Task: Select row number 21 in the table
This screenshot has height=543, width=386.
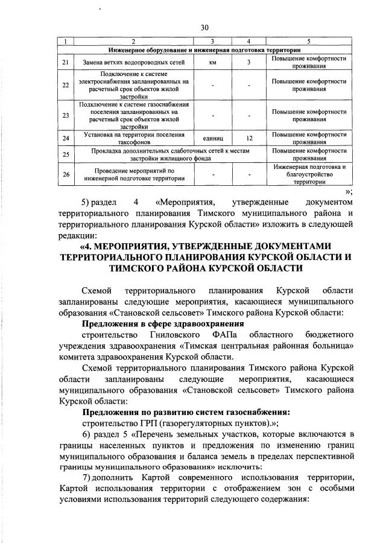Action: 65,62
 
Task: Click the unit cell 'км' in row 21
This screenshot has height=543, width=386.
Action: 213,62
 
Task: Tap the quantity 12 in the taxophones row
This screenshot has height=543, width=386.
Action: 249,138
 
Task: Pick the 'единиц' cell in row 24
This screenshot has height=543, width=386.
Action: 213,138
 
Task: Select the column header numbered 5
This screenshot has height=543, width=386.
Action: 309,41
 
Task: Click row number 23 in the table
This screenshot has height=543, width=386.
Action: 65,115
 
